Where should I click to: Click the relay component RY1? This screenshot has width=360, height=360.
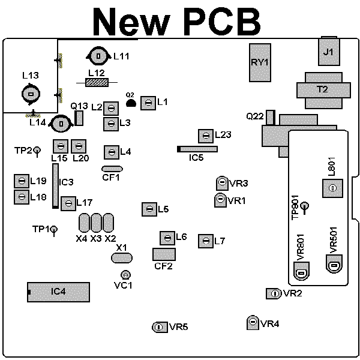(x=260, y=62)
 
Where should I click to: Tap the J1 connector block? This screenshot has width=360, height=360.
(x=329, y=52)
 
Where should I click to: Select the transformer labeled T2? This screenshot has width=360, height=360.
(x=323, y=91)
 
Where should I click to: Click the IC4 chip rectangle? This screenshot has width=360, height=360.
(x=59, y=292)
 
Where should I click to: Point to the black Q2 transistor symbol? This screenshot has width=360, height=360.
(x=131, y=103)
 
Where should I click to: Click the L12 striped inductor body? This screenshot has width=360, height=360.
(x=97, y=82)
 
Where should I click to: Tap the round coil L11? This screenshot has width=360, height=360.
(x=98, y=56)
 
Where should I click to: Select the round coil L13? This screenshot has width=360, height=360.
(x=31, y=94)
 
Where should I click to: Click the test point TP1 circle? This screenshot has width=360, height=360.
(x=54, y=229)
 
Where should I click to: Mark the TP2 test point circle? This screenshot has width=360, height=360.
(x=37, y=151)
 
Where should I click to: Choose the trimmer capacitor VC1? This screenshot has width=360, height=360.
(x=125, y=275)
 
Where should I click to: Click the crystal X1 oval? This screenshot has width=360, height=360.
(x=122, y=258)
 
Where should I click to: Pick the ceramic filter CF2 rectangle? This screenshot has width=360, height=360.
(x=164, y=254)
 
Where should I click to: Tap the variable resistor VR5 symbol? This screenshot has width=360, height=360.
(x=160, y=327)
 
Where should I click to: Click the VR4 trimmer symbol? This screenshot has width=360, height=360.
(x=253, y=323)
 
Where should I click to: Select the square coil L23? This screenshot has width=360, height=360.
(x=206, y=136)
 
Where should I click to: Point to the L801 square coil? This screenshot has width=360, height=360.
(x=332, y=188)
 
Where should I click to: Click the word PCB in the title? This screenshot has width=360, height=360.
(x=222, y=21)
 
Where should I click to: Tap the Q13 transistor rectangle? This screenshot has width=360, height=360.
(x=79, y=118)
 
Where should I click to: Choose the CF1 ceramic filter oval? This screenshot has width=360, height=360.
(x=112, y=169)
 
